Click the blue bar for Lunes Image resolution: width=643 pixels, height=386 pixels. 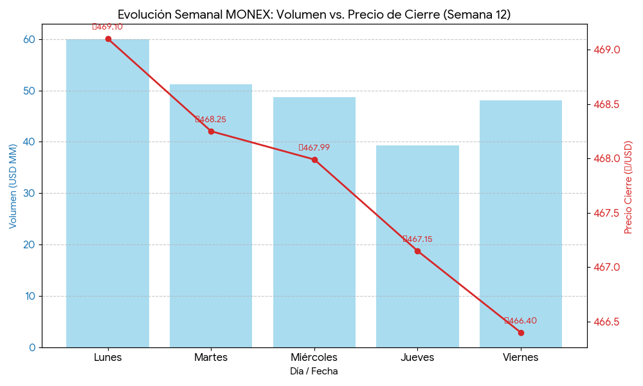[107, 193]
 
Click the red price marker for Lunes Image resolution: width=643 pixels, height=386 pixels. [108, 39]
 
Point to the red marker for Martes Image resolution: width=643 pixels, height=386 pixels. [211, 131]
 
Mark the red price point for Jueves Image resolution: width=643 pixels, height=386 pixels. [417, 251]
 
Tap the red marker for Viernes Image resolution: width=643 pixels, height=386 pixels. [521, 333]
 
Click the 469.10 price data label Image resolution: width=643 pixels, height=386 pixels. [107, 27]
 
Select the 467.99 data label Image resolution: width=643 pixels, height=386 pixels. [314, 148]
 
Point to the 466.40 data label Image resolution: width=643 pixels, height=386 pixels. [521, 321]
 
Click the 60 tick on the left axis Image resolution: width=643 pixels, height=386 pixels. [30, 39]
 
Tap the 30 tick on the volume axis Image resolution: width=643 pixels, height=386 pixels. [30, 193]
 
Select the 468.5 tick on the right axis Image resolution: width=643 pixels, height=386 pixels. [606, 104]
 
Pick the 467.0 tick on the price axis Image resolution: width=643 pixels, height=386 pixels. [606, 267]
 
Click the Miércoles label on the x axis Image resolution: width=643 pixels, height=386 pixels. [314, 357]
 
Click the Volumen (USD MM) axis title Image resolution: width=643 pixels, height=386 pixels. [13, 187]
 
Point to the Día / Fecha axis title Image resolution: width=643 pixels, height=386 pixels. [314, 371]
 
